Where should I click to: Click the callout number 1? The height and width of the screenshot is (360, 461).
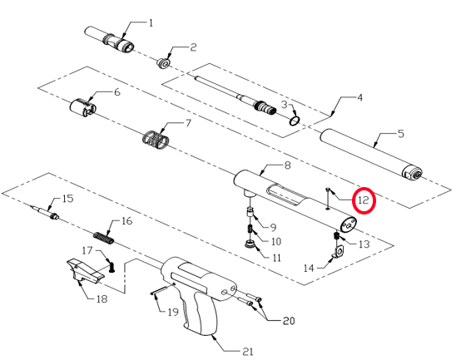151,23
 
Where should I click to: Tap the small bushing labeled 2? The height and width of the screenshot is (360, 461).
163,64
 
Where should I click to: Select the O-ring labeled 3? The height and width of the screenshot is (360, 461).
295,121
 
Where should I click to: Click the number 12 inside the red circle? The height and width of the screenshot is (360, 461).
364,200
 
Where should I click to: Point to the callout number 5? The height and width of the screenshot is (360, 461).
401,134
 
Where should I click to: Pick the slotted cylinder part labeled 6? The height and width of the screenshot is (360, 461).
82,107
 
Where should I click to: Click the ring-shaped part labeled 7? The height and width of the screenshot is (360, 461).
156,140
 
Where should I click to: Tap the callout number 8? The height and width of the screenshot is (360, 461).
287,165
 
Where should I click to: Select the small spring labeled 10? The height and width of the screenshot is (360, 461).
250,229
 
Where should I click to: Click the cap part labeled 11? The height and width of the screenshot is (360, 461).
250,244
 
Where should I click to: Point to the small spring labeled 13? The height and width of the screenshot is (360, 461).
337,235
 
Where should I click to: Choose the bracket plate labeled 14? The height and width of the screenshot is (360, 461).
339,252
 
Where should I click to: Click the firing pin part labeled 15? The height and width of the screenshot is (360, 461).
45,213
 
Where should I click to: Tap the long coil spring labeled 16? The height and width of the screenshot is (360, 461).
103,238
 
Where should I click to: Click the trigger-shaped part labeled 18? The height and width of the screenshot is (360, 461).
84,271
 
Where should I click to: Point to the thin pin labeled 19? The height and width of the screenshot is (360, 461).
160,289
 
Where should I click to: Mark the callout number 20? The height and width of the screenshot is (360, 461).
289,320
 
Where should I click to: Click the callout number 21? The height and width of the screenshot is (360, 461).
247,351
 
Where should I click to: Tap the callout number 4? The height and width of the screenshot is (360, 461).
359,97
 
